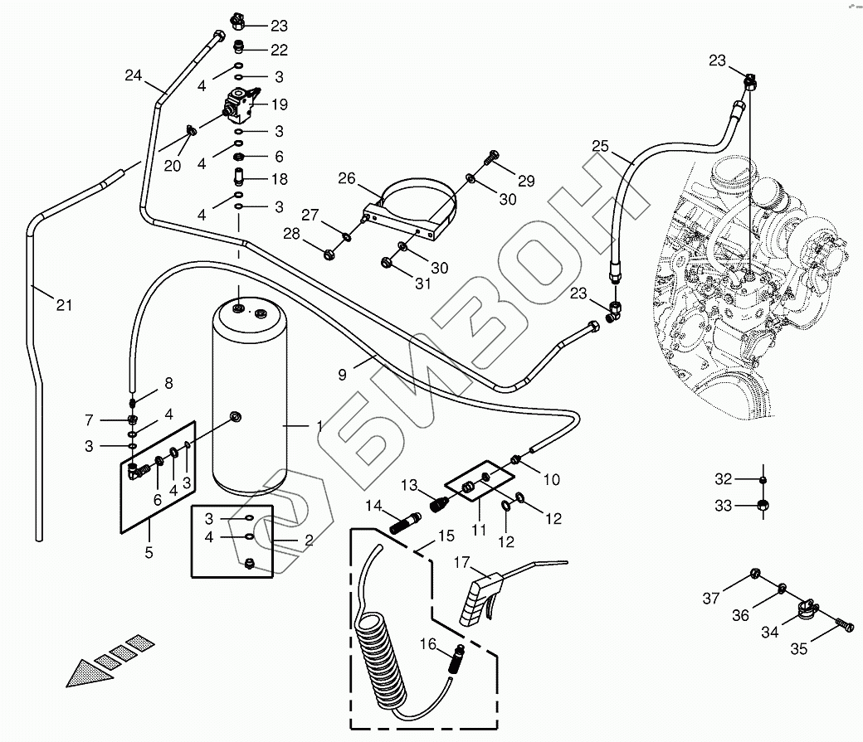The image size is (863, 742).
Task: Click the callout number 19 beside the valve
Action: tap(280, 104)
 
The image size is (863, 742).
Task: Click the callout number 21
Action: tap(65, 305)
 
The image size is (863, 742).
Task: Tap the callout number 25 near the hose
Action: tap(601, 146)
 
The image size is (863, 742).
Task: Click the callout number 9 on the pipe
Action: tap(343, 375)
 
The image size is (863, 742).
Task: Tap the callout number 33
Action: tap(724, 506)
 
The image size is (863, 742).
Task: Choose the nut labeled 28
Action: tap(329, 255)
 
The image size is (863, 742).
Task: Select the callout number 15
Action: tap(446, 536)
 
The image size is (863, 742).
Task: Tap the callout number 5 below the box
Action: tap(149, 553)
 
